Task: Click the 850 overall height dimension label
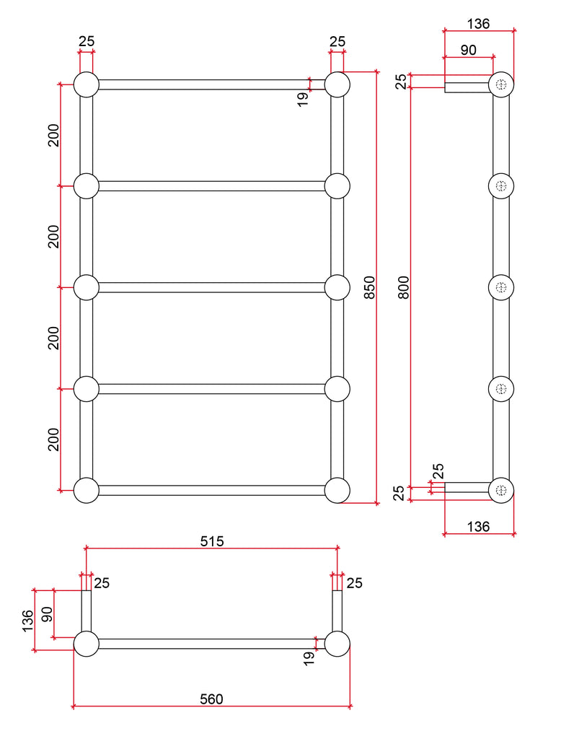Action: [x=369, y=288]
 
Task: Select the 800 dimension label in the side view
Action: [x=404, y=288]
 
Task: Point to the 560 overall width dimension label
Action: [x=211, y=698]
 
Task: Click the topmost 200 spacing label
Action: [x=54, y=135]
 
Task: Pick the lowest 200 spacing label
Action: [x=54, y=439]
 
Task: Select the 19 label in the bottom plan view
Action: [x=309, y=658]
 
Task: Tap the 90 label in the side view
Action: [x=468, y=50]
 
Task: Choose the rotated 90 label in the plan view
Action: [x=47, y=614]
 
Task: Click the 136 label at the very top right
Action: [x=478, y=24]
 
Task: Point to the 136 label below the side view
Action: [x=478, y=526]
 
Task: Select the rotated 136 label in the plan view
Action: [x=27, y=620]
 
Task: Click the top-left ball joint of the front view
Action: [x=86, y=85]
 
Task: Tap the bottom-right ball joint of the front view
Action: [x=337, y=490]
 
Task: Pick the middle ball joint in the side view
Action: [x=502, y=287]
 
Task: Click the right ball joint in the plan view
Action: [x=337, y=644]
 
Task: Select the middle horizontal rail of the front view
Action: [x=211, y=287]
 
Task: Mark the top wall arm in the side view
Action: [x=467, y=88]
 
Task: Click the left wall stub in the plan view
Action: [x=86, y=611]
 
